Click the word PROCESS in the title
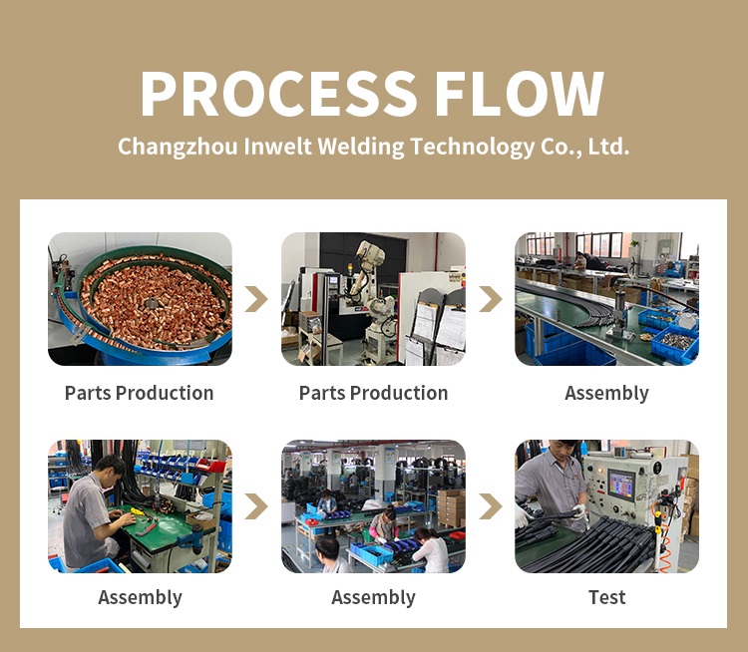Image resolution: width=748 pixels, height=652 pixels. [x=278, y=94]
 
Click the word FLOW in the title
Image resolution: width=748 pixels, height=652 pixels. [x=519, y=94]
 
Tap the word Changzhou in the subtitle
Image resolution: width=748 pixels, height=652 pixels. [x=178, y=147]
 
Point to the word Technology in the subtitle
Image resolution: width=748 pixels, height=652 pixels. [x=473, y=147]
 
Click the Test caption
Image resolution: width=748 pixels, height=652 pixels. [x=606, y=597]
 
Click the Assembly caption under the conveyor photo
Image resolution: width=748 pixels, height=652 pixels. [x=606, y=394]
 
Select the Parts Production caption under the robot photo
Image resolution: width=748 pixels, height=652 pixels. [x=374, y=393]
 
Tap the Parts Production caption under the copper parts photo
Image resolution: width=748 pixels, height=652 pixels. [x=140, y=393]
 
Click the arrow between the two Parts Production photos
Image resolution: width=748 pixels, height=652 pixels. [x=257, y=299]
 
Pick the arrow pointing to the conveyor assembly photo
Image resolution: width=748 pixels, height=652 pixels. [x=491, y=299]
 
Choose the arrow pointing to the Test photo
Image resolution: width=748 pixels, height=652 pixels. [x=491, y=506]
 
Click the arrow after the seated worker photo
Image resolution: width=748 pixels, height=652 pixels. [x=257, y=506]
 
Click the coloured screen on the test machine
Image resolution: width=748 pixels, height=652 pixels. [x=621, y=486]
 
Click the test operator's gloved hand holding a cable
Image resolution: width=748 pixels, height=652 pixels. [x=579, y=511]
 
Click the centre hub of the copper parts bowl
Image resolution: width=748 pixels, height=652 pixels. [x=152, y=303]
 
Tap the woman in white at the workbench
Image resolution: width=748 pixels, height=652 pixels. [x=431, y=551]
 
